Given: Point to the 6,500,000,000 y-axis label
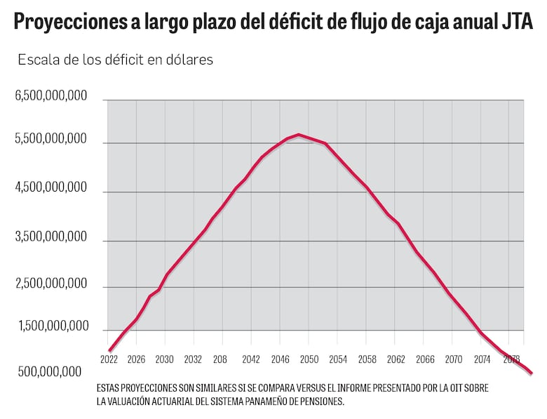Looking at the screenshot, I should pos(51,95).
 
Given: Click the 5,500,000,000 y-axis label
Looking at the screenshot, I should pos(51,140).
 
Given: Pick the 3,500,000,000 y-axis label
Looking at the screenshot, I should pos(51,237).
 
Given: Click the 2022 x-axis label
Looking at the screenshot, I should pos(109,359).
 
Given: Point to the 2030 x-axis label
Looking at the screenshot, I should pos(165,359).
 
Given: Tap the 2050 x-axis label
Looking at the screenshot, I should pos(309,359).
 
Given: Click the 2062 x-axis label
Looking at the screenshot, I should pos(396,359).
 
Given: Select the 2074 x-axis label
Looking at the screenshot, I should pos(482,359).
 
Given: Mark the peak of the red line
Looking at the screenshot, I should pos(299,134).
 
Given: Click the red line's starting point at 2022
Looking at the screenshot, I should pos(109,350).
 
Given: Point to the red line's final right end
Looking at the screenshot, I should pos(532,373).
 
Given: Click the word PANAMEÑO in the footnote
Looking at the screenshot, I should pos(271,401).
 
